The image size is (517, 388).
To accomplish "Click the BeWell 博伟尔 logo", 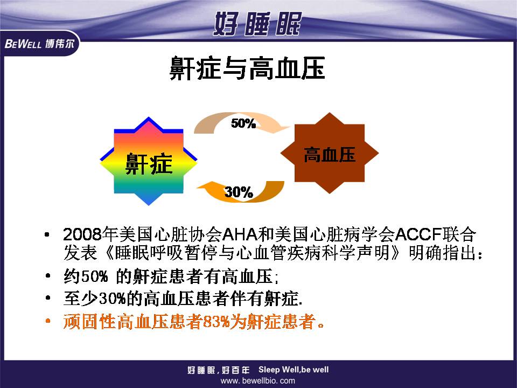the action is (x=39, y=43).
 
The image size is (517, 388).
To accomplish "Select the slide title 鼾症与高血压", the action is (x=247, y=68).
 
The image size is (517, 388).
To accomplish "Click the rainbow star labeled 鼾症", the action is (x=149, y=161).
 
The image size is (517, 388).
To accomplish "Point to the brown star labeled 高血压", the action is (x=330, y=153).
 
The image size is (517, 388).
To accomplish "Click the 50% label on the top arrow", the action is (x=243, y=123).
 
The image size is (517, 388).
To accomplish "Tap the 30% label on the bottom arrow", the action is (x=239, y=192).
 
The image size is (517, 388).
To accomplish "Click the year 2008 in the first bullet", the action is (x=82, y=234).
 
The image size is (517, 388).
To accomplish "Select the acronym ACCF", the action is (x=418, y=234).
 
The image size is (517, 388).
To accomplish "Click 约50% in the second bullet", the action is (x=86, y=276).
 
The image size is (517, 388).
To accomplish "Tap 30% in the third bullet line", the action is (x=113, y=299).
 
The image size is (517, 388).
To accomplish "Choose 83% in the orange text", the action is (x=216, y=321).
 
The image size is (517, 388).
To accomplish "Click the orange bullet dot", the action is (x=48, y=321).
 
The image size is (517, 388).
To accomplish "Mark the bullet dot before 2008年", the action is (x=47, y=235).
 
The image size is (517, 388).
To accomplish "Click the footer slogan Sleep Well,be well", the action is (x=294, y=370).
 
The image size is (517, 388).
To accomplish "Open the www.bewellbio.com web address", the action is (x=258, y=381).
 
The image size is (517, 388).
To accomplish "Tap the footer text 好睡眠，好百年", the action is (x=219, y=370).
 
